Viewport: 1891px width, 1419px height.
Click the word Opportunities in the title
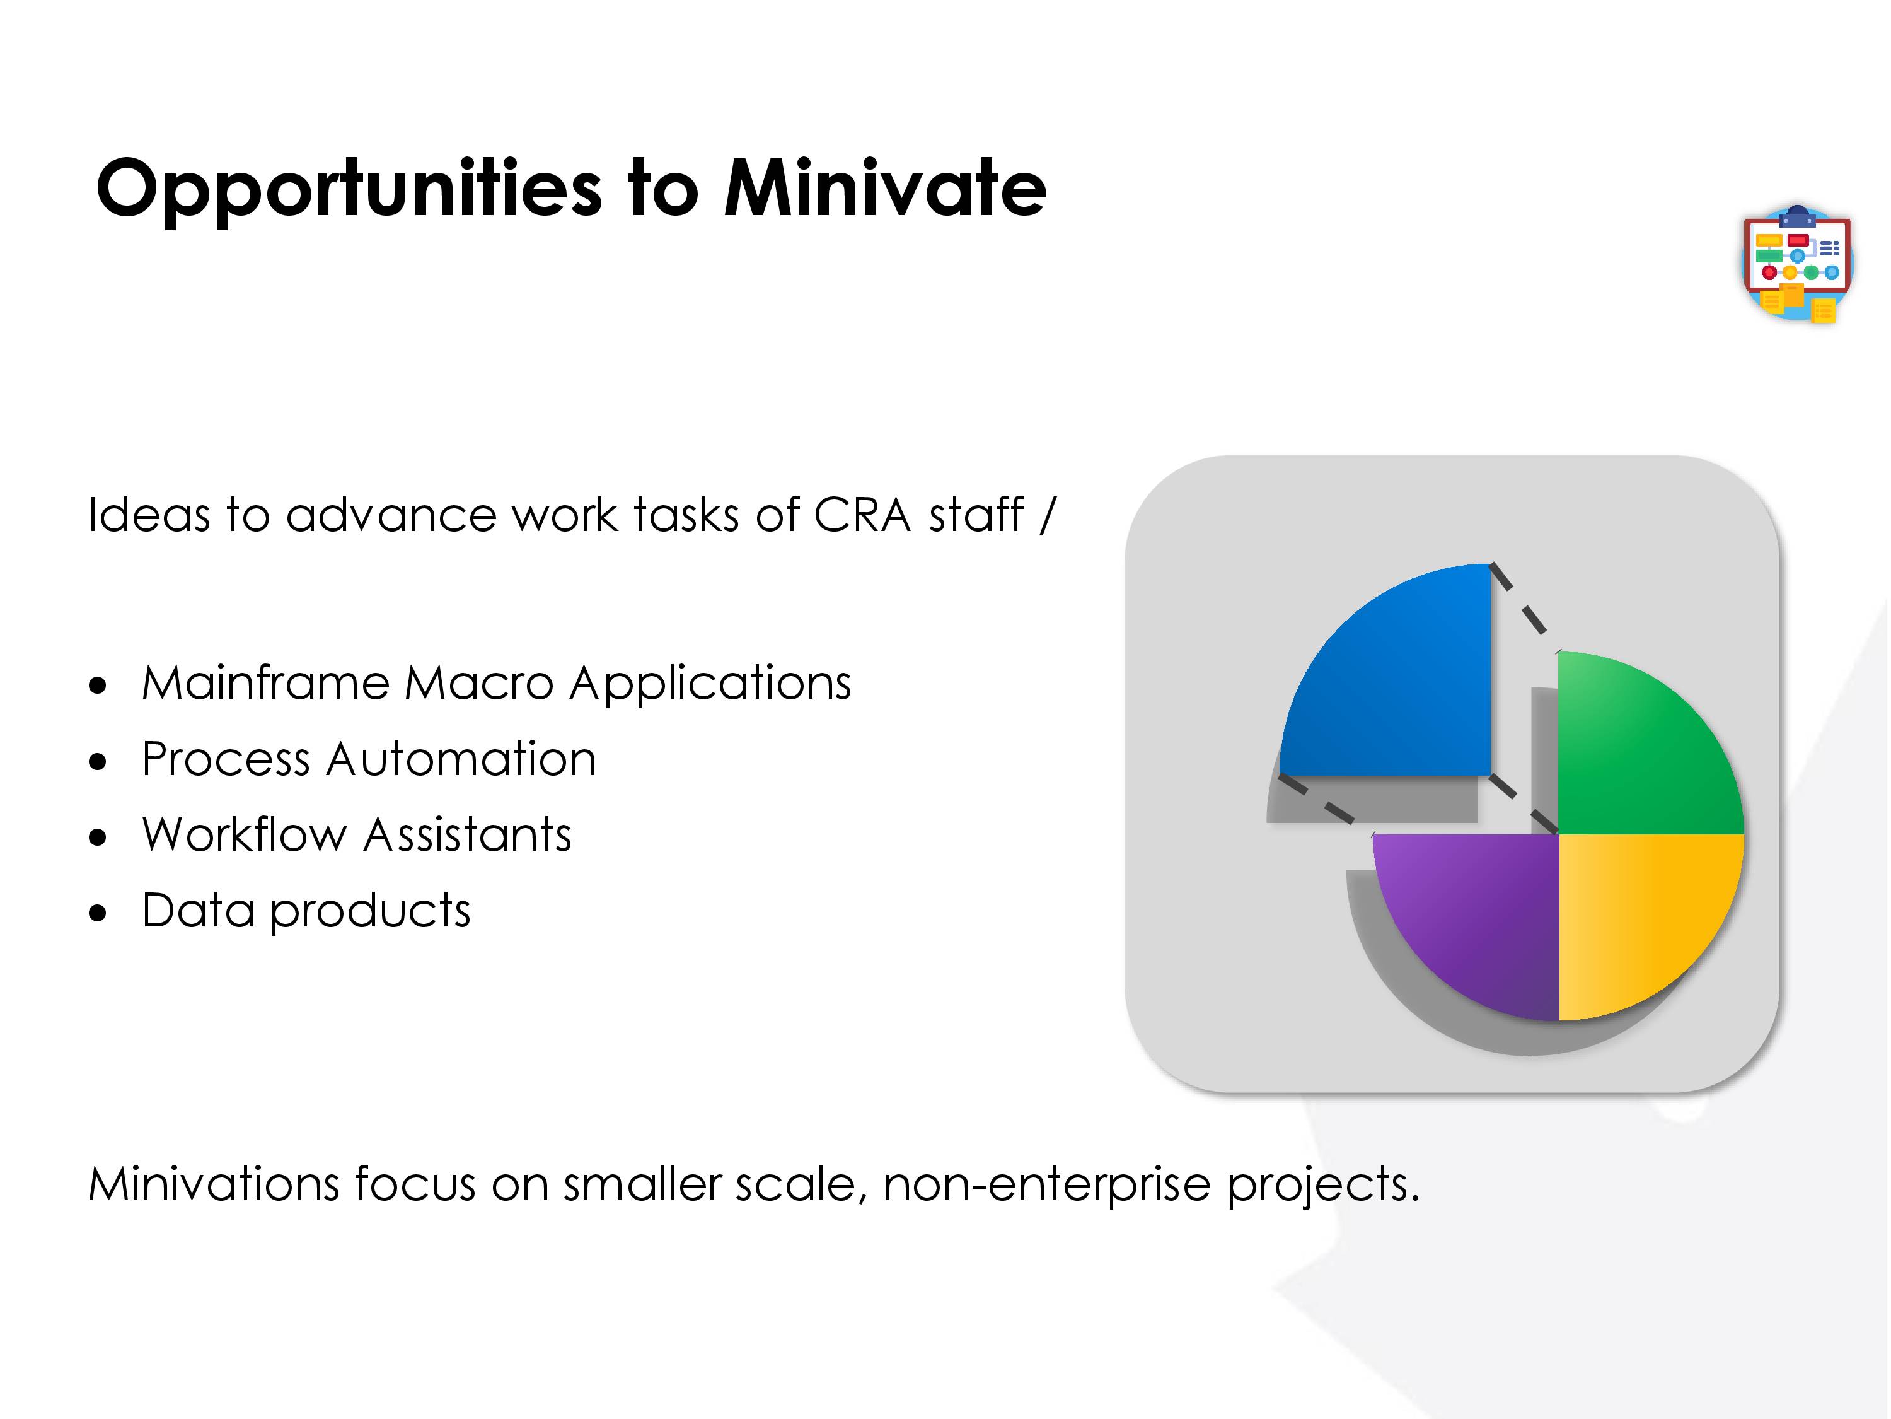(349, 190)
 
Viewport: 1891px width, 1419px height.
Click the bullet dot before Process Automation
(98, 761)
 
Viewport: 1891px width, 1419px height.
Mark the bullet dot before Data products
(98, 913)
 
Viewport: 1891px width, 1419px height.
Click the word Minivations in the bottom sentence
(214, 1184)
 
